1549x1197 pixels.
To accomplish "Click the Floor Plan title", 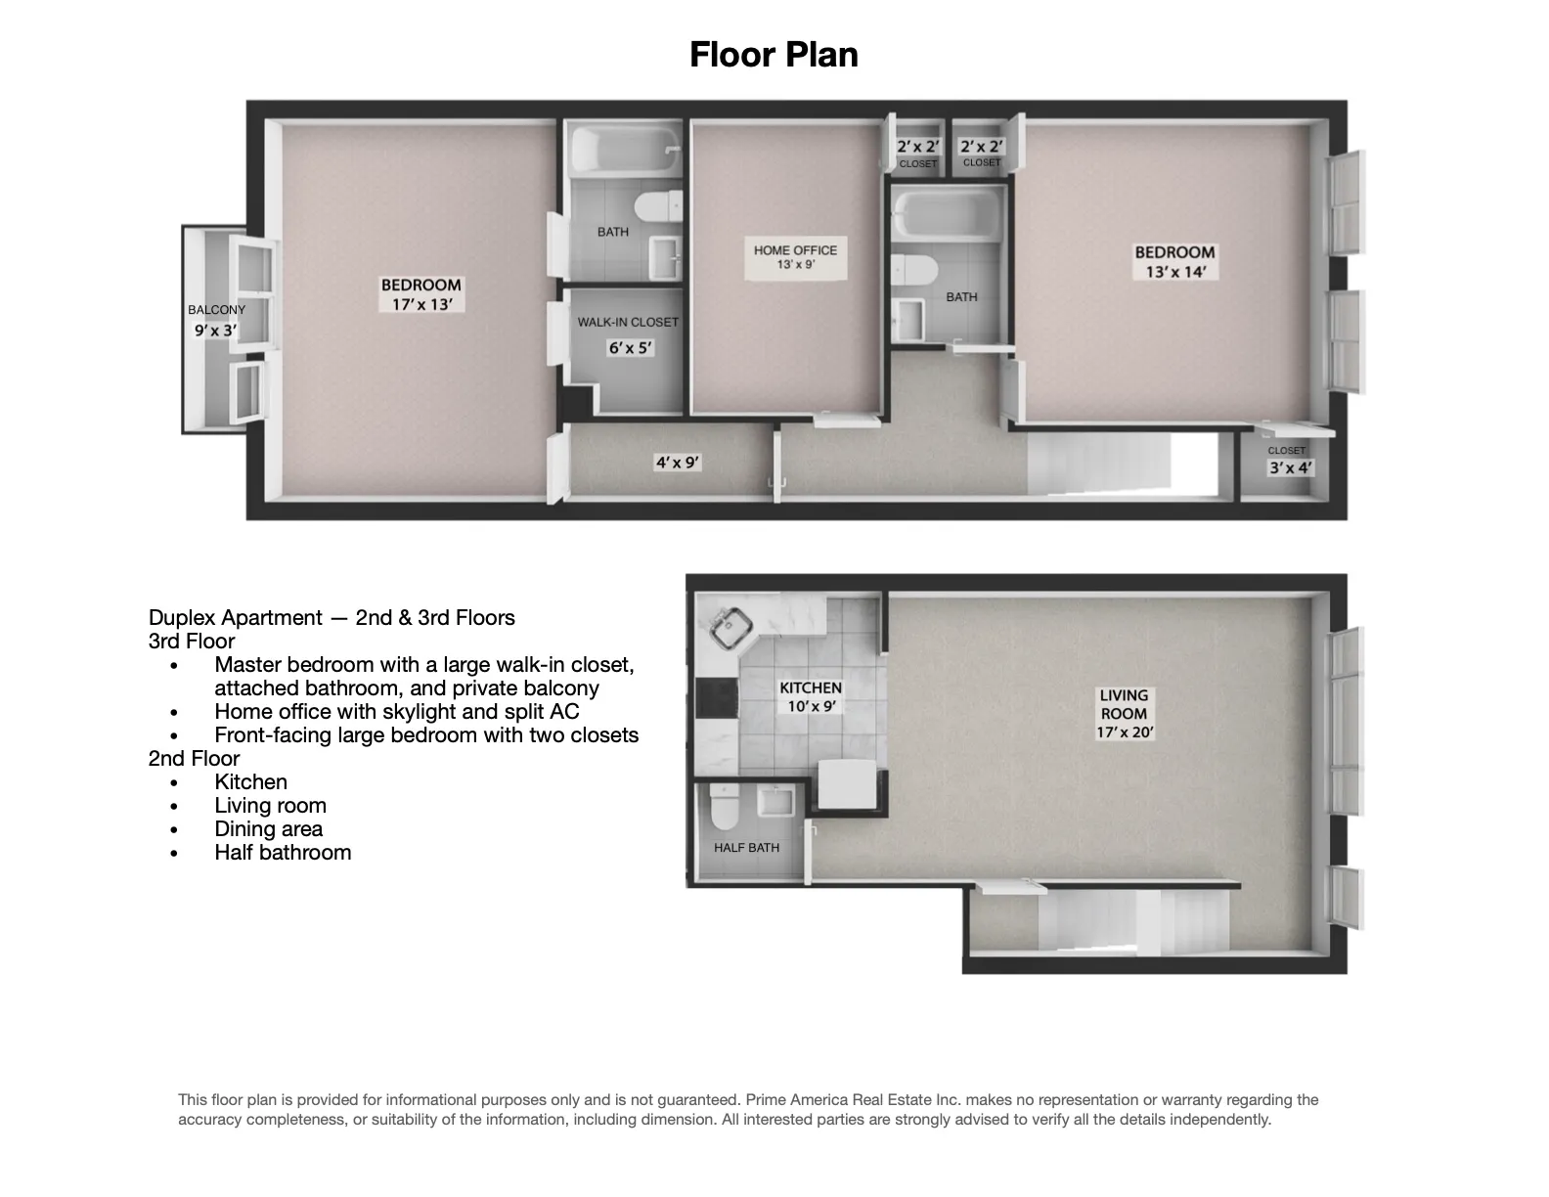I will click(x=774, y=55).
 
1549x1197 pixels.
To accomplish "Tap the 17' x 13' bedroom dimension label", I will click(x=420, y=304).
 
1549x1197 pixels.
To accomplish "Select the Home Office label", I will click(x=795, y=250).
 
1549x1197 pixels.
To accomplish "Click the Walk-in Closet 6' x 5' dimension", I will click(x=630, y=347).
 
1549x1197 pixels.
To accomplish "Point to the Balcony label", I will click(x=216, y=310).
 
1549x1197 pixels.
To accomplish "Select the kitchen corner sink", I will click(x=729, y=629).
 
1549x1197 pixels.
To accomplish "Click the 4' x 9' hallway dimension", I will click(x=678, y=463).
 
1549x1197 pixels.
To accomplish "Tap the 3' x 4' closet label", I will click(x=1290, y=468).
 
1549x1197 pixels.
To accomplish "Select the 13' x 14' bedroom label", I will click(x=1174, y=272).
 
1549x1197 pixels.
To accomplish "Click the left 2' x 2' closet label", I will click(x=917, y=148).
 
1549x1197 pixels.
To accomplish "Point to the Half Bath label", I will click(x=746, y=848).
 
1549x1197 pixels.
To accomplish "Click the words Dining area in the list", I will click(x=268, y=829).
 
